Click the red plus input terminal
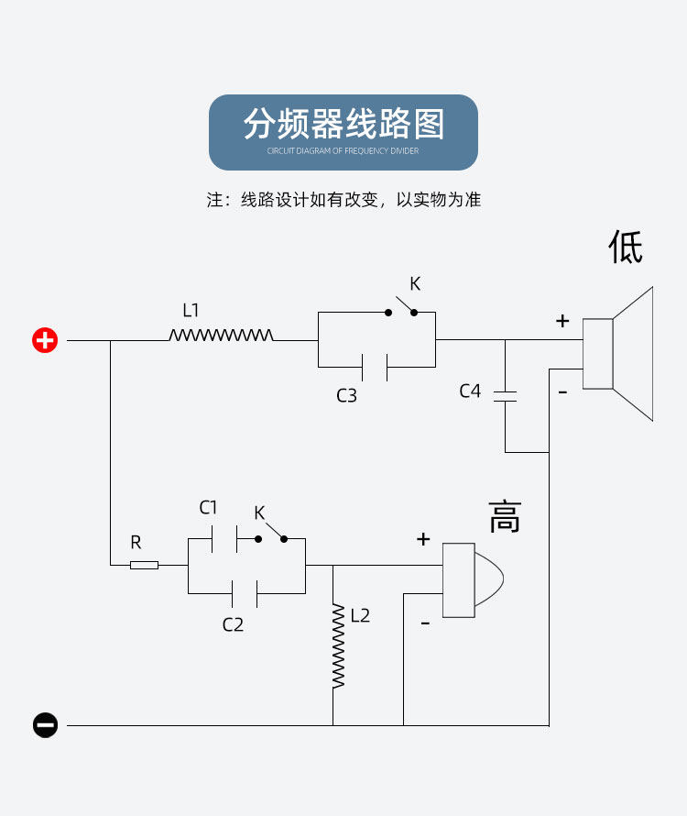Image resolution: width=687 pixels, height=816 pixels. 45,340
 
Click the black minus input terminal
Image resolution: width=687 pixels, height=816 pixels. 45,725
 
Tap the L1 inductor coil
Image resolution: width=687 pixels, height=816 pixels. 221,336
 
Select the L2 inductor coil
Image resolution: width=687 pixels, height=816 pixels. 338,646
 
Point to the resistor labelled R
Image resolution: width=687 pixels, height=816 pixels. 144,565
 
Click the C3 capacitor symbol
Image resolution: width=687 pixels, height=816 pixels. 375,368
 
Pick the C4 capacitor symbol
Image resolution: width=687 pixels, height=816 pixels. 505,396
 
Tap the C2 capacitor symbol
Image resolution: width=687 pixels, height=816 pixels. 245,593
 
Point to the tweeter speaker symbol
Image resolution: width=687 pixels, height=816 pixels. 472,579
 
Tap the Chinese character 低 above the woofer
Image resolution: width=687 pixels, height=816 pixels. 626,247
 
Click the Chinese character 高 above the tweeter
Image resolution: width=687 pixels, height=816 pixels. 505,517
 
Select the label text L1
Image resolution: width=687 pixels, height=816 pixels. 191,310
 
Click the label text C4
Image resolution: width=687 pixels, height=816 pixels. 470,391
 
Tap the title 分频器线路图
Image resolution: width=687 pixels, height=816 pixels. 343,124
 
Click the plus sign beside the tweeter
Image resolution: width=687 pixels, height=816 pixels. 423,539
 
